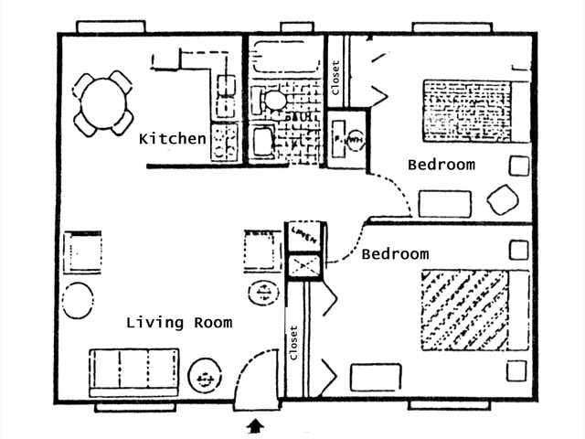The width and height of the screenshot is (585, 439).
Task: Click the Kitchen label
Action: pyautogui.click(x=172, y=139)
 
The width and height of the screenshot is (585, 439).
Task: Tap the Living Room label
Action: pyautogui.click(x=179, y=322)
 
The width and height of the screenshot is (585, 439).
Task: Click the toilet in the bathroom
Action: pyautogui.click(x=274, y=100)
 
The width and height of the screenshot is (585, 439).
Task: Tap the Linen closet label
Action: pyautogui.click(x=304, y=236)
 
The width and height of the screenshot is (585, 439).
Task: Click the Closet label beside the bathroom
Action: pyautogui.click(x=335, y=78)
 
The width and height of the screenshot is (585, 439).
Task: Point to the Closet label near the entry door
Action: pyautogui.click(x=293, y=346)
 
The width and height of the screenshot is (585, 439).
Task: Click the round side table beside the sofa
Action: pyautogui.click(x=203, y=377)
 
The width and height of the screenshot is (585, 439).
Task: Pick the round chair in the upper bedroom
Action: pyautogui.click(x=501, y=199)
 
